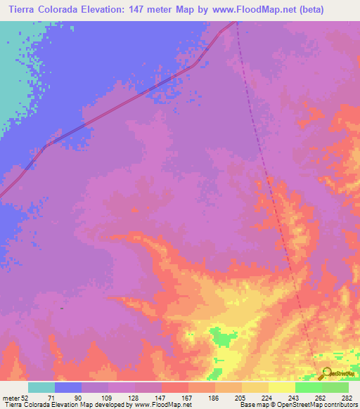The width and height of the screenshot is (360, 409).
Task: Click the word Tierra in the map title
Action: click(x=20, y=10)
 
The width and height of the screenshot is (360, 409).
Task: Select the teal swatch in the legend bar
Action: click(x=41, y=387)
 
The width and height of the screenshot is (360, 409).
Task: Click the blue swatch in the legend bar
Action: click(x=68, y=387)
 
